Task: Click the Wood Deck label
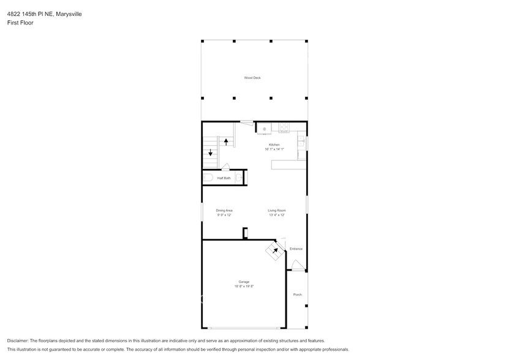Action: click(252, 78)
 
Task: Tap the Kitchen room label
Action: click(274, 144)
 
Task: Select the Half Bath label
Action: click(224, 178)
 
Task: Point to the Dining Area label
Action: click(224, 211)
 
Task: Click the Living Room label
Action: click(277, 211)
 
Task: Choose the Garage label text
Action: click(244, 282)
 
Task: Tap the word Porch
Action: click(297, 294)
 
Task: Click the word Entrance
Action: click(296, 249)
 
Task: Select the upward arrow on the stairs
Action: click(226, 141)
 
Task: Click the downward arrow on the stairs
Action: click(211, 153)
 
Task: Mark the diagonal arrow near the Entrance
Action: click(275, 250)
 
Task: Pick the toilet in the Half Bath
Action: click(208, 178)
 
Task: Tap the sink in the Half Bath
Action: click(239, 178)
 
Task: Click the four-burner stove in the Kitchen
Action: click(284, 128)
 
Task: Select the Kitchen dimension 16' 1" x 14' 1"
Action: click(274, 149)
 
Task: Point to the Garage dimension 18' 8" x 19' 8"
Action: click(244, 287)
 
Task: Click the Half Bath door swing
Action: click(226, 166)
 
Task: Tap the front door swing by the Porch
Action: click(297, 265)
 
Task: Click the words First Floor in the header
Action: click(21, 23)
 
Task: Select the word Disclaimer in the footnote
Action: click(20, 340)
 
